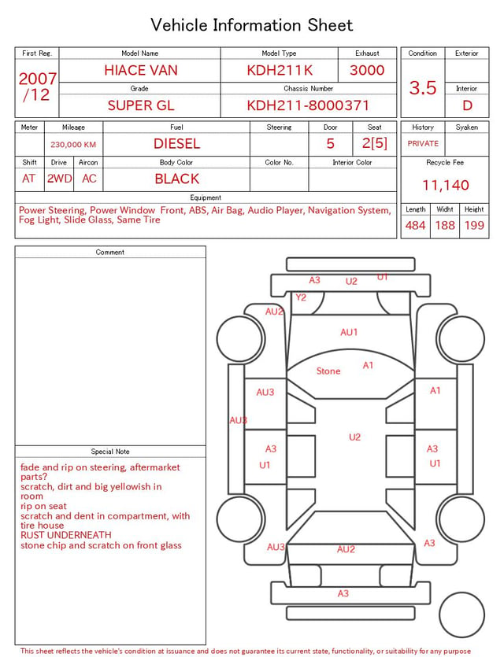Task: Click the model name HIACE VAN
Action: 141,70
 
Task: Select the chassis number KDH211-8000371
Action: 308,105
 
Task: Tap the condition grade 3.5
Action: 423,88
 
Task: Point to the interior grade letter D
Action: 467,105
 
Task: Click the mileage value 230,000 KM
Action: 73,145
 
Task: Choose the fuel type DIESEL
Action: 177,144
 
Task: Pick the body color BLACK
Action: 177,179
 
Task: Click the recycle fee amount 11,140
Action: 445,185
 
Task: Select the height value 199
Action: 474,225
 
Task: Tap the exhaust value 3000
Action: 367,70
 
